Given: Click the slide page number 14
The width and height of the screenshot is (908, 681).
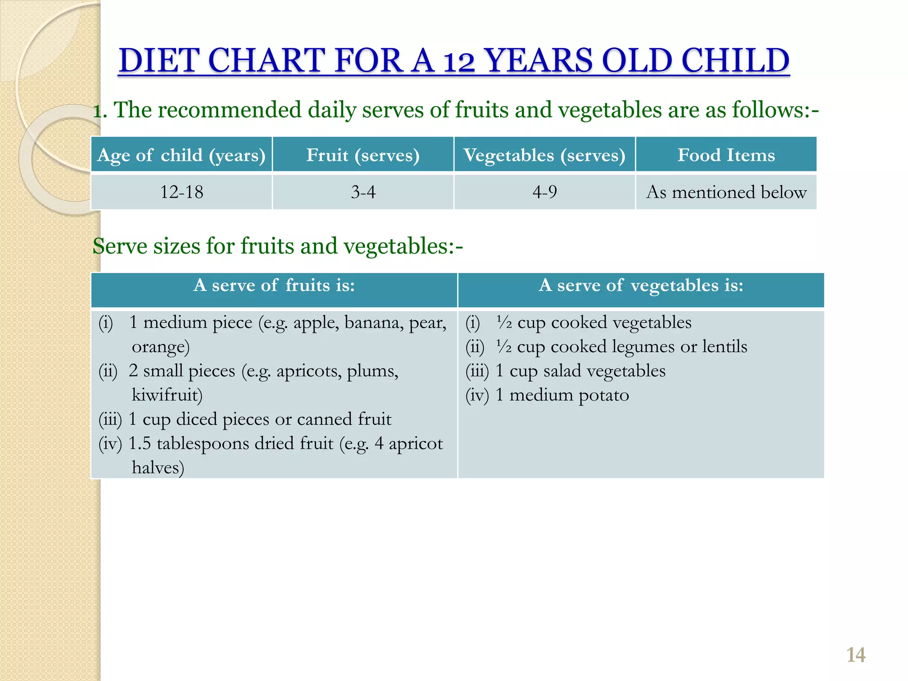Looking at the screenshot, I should click(x=856, y=655).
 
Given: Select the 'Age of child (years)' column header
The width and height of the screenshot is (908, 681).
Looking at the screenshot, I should click(x=181, y=155).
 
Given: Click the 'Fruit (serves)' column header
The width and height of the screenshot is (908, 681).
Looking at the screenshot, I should click(x=363, y=155).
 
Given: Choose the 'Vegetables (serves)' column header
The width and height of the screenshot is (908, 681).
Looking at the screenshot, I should click(x=544, y=155).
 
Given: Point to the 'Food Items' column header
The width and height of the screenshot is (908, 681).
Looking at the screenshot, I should click(x=726, y=155).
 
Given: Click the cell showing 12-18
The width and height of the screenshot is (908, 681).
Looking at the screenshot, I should click(x=181, y=192).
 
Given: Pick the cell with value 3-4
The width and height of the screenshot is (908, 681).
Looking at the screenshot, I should click(x=363, y=192).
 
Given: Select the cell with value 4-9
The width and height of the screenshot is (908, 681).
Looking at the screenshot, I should click(x=544, y=192).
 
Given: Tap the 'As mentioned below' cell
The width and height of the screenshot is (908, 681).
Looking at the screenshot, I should click(x=726, y=192).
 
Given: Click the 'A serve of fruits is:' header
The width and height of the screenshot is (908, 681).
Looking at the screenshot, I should click(x=274, y=286).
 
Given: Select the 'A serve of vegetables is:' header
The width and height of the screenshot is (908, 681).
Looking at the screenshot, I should click(x=641, y=286).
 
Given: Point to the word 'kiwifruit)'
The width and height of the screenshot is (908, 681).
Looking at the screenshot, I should click(x=167, y=395).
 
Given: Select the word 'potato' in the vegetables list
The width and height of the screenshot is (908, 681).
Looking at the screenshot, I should click(x=603, y=395).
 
